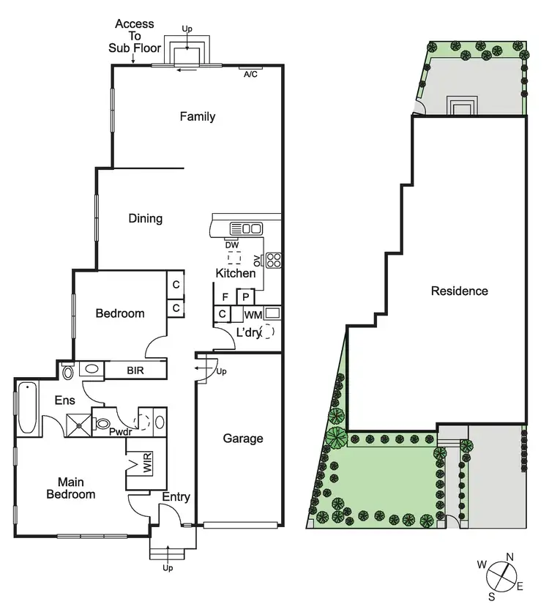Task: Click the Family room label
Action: (x=198, y=116)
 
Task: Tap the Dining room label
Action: (x=145, y=218)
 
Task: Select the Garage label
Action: (x=242, y=439)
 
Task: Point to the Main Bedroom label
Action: (x=71, y=488)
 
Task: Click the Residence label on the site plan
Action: (x=459, y=291)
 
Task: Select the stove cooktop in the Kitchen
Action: (x=274, y=259)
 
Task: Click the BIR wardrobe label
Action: (x=135, y=371)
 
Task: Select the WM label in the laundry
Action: (x=253, y=315)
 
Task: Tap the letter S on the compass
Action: (x=491, y=591)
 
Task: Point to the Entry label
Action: (x=176, y=497)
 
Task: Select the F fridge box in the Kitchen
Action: (x=225, y=297)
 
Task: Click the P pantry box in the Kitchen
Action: (x=246, y=297)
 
